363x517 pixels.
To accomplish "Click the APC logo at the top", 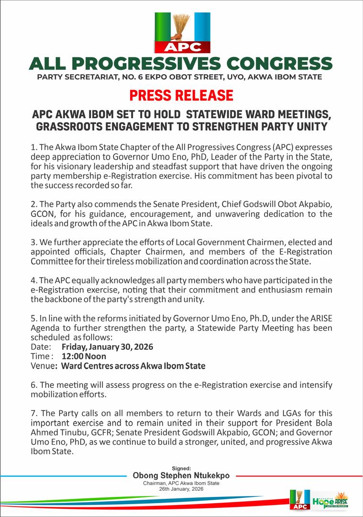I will click(181, 32).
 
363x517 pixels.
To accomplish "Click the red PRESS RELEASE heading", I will click(181, 95).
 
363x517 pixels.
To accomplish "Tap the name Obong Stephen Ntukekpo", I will click(181, 476).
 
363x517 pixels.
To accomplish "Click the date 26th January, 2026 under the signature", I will click(181, 489).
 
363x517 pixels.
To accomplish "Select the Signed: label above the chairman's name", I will click(181, 468).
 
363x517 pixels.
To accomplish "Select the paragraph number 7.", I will click(33, 413).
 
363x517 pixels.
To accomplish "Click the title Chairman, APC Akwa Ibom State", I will click(181, 483).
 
